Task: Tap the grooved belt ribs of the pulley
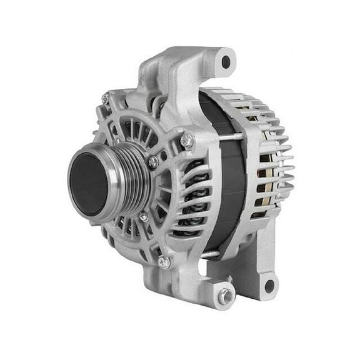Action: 128,181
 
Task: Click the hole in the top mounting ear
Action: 226,62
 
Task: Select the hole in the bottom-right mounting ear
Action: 269,286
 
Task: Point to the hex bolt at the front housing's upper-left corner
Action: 107,97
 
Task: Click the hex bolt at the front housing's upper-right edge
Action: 186,141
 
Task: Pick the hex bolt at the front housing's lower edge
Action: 164,261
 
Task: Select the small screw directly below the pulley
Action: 143,216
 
